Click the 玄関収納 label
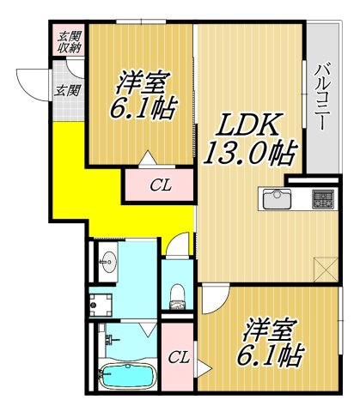coord(65,40)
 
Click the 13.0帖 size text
coord(249,154)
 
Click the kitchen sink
coord(276,199)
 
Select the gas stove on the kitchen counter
coord(322,198)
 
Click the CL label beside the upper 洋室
coord(159,185)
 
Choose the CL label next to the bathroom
coord(178,358)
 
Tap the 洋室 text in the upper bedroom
coord(142,84)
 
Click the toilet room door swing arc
coord(177,245)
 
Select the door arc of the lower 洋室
coord(213,302)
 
